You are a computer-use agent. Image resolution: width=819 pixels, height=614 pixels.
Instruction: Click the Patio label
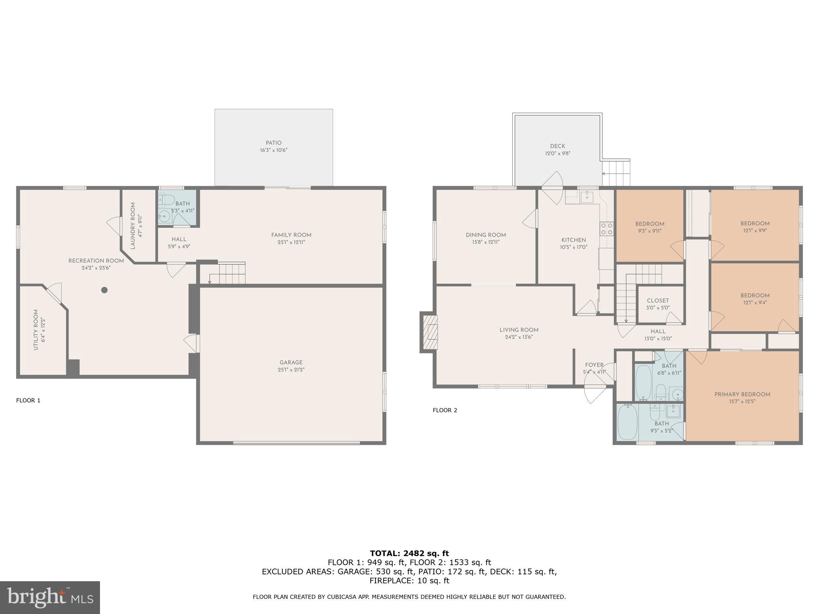(x=274, y=143)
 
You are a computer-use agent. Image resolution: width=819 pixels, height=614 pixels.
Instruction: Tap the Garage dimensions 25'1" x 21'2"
(x=291, y=370)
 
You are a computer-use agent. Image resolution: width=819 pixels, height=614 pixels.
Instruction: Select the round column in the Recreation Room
(x=104, y=290)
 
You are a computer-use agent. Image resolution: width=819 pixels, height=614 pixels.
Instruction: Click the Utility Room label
(x=36, y=330)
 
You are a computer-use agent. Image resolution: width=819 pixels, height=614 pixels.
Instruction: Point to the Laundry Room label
(x=133, y=225)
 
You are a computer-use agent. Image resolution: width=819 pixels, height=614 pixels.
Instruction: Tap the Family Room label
(x=291, y=235)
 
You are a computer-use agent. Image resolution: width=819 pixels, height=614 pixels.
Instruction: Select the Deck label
(x=557, y=146)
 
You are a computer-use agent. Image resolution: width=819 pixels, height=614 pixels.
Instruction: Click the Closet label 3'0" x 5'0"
(x=658, y=301)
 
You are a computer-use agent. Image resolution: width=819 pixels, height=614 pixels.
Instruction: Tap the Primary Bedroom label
(x=742, y=395)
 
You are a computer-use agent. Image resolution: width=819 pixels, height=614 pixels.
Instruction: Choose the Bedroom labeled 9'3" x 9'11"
(x=650, y=224)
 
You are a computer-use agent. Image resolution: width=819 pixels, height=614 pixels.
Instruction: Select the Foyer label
(x=594, y=365)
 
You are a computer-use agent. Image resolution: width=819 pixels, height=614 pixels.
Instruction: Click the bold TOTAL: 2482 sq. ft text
(x=409, y=553)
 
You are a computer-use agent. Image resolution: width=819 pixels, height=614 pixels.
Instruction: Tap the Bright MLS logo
(x=50, y=597)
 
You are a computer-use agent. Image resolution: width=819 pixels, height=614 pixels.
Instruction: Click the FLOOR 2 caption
(x=445, y=410)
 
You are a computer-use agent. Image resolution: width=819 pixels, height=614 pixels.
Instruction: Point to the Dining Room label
(x=485, y=235)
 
